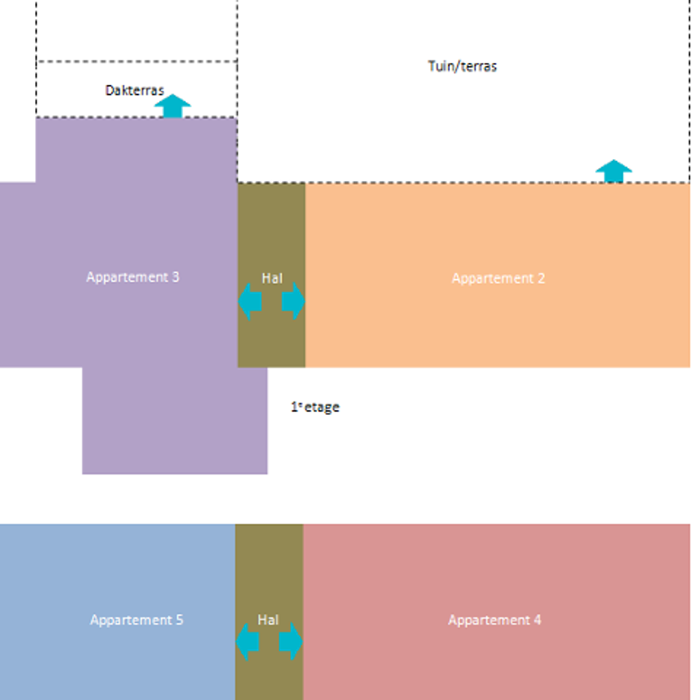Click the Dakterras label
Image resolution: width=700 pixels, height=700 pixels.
point(135,90)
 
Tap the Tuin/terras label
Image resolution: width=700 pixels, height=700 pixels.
point(462,66)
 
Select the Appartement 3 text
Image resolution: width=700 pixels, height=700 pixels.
point(133,276)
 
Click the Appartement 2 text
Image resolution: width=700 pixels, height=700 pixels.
point(498,278)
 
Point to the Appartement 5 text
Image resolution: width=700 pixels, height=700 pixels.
point(136,619)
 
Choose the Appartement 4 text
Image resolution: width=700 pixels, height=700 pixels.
point(494,619)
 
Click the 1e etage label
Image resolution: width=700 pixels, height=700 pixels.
point(315,407)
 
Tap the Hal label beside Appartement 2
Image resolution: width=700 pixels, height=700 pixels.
point(272,278)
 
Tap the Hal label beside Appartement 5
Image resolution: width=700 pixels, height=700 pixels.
point(268,619)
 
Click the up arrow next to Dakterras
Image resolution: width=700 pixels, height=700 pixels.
point(172,106)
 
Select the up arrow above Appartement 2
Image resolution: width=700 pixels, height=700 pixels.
point(614,171)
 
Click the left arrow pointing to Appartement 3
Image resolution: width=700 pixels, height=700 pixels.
point(249,301)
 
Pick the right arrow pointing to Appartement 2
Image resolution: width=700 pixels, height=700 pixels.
point(294,301)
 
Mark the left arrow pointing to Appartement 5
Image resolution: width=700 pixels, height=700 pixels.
point(248,641)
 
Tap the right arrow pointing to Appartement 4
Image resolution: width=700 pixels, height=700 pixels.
point(291,641)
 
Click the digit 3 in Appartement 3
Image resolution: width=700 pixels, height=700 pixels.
point(176,276)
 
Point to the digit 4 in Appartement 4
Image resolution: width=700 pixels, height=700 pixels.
point(537,619)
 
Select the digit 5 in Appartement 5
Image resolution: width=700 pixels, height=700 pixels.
point(179,619)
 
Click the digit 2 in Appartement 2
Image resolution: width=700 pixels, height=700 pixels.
point(541,278)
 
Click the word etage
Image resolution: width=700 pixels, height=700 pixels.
point(322,407)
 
